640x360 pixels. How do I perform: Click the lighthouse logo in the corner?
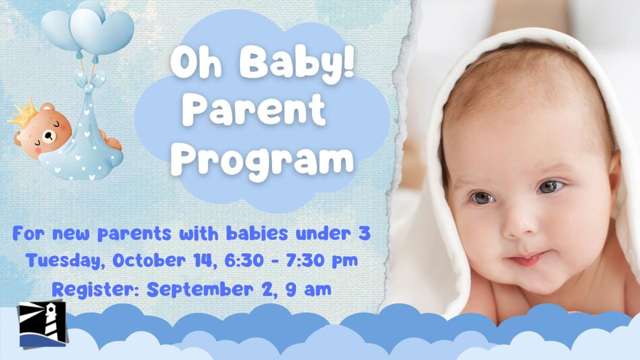click(42, 324)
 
